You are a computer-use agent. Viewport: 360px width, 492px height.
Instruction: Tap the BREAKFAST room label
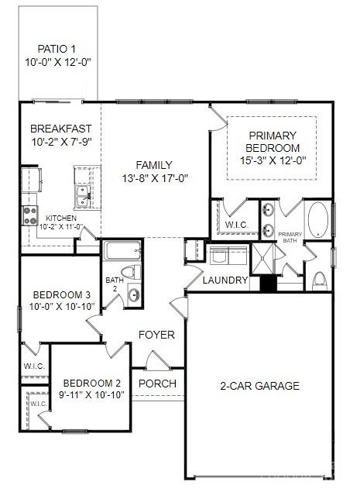(60, 129)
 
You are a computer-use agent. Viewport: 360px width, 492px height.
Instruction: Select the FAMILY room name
(153, 165)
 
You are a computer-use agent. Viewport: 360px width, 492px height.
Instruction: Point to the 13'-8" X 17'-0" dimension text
(154, 177)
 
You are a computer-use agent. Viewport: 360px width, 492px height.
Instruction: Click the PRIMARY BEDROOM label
(272, 141)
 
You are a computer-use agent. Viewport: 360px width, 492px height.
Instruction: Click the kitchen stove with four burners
(30, 214)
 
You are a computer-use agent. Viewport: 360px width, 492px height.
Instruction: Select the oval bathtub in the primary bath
(317, 222)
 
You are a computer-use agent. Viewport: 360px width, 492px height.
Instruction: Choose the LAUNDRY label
(225, 280)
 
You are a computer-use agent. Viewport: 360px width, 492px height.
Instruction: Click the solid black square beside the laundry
(268, 284)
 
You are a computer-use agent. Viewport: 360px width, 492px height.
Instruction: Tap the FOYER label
(156, 335)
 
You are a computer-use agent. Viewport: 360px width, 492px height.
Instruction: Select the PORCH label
(157, 384)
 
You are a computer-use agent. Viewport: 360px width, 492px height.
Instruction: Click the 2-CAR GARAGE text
(259, 386)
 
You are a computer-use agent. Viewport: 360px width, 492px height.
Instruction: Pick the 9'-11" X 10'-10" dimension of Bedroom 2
(92, 394)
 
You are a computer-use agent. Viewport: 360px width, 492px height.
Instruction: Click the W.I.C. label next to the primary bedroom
(235, 225)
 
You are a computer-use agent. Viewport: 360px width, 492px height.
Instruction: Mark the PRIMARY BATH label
(290, 238)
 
